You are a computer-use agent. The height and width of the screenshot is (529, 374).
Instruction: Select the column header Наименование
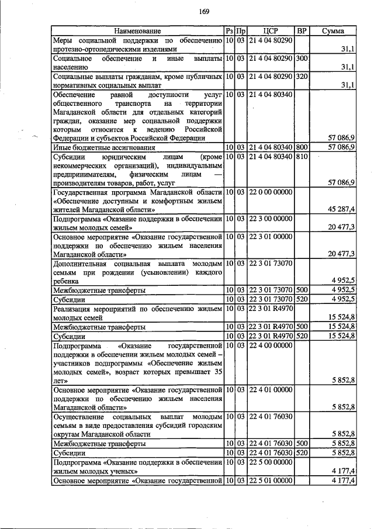click(137, 30)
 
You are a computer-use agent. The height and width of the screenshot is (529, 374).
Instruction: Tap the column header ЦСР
click(270, 30)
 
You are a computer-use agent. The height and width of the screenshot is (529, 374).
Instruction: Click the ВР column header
click(302, 30)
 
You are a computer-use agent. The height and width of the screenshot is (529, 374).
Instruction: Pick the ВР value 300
click(302, 58)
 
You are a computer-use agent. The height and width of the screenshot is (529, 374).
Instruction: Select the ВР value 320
click(302, 77)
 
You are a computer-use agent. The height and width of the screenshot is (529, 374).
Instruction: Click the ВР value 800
click(302, 147)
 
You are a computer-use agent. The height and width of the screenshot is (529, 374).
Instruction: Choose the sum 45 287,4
click(342, 209)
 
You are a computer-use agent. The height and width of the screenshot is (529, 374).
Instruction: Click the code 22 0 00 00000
click(270, 192)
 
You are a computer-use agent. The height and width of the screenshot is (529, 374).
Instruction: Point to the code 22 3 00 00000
click(270, 219)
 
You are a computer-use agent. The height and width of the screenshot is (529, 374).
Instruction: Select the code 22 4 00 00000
click(270, 346)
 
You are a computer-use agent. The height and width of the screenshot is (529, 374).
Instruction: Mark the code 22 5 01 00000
click(270, 480)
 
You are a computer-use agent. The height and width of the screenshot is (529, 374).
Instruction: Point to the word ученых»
click(123, 471)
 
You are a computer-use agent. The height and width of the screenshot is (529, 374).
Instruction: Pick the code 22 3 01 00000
click(270, 236)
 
